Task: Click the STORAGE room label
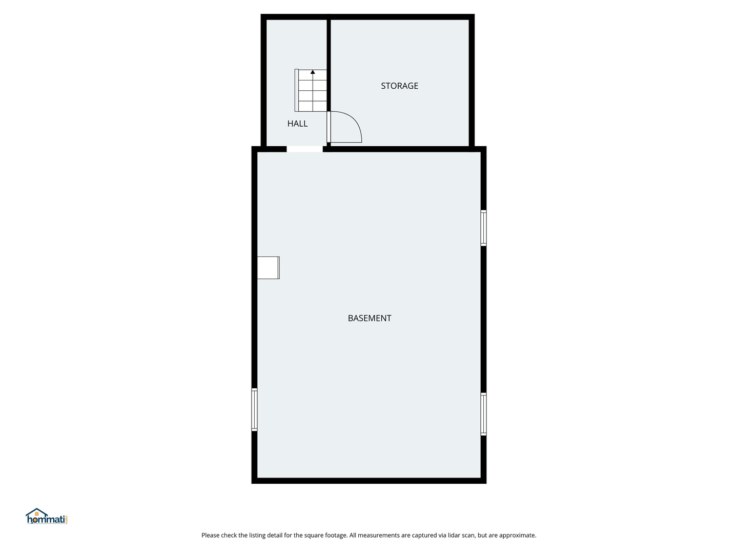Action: [399, 86]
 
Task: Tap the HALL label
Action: [297, 124]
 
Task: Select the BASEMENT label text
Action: [370, 318]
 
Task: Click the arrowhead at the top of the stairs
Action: [313, 72]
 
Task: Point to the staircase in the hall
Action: [311, 90]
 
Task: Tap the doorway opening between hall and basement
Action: [304, 149]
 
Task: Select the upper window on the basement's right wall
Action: [483, 228]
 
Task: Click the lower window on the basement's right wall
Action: [483, 414]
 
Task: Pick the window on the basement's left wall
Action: [255, 409]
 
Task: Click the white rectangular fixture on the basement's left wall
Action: [269, 268]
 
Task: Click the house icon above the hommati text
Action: [37, 512]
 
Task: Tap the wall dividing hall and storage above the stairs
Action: [329, 44]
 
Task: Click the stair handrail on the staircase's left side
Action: [297, 90]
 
